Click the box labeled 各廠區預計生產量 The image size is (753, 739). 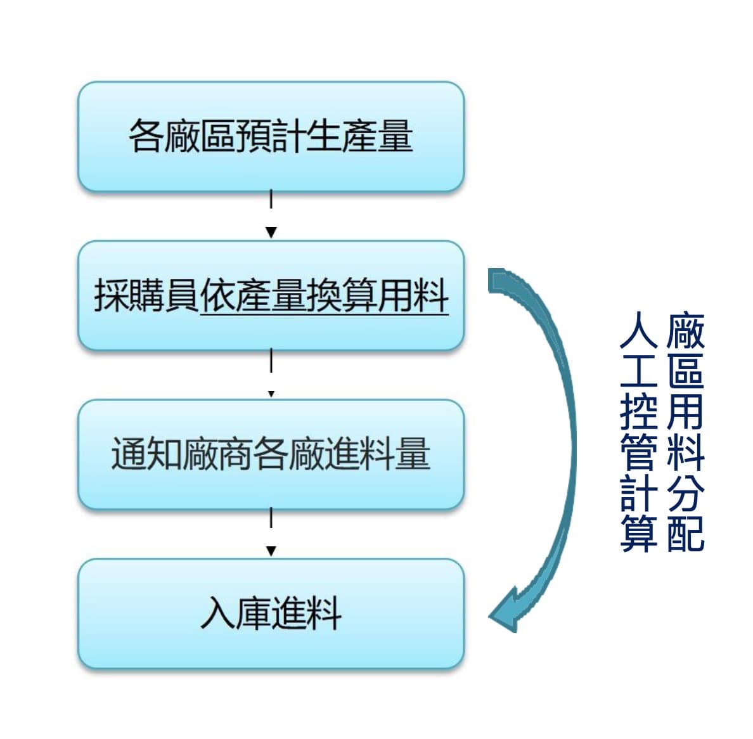coord(271,137)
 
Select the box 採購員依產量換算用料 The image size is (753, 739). coord(271,296)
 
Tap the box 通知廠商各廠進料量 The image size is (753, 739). coord(271,454)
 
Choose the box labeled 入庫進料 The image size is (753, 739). coord(271,613)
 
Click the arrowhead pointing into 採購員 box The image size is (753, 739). coord(271,233)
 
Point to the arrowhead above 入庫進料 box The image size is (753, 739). coord(271,551)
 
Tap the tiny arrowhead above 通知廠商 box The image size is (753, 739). coord(271,394)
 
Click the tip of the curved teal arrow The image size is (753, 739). coord(489,615)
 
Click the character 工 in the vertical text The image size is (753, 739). coord(638,370)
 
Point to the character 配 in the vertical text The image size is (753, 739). coord(686,533)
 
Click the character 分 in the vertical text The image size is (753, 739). coord(686,493)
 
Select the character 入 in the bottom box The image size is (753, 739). coord(219,613)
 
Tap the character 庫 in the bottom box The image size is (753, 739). coord(254,613)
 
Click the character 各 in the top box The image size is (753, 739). coord(146,136)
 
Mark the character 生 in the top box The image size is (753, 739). coord(324,136)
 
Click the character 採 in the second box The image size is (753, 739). coord(112,295)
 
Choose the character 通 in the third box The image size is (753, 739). coord(129,454)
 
